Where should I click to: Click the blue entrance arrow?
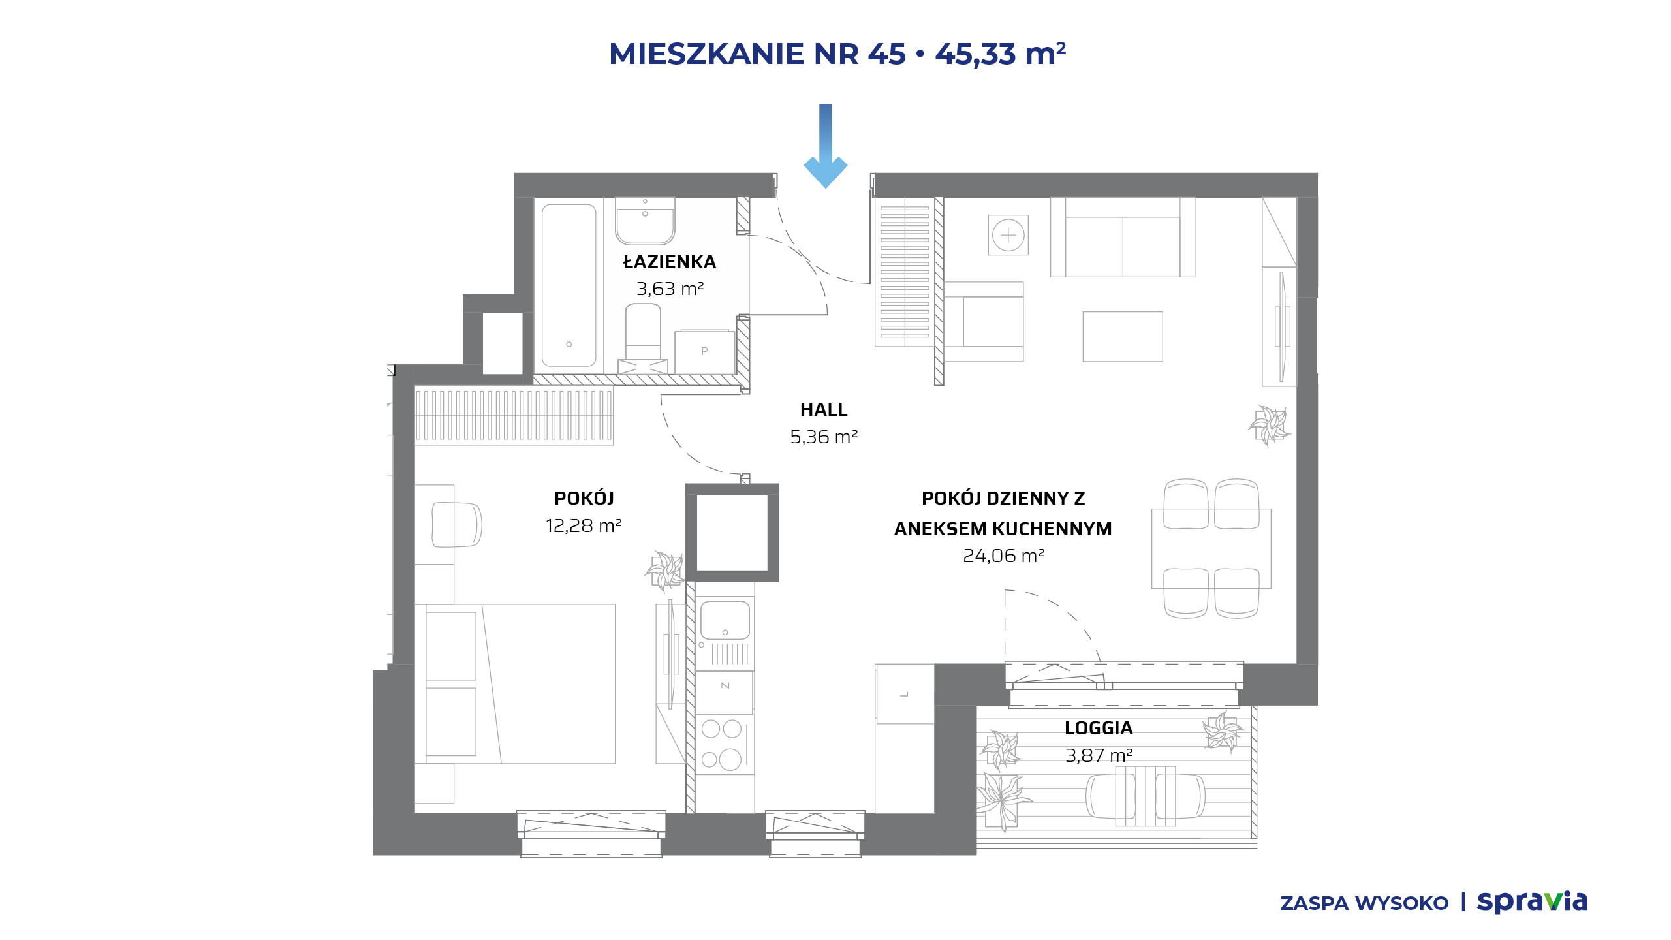(x=826, y=147)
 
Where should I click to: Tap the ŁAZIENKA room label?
(x=670, y=262)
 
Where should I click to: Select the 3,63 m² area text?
(x=670, y=289)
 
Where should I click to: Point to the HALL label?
(x=824, y=409)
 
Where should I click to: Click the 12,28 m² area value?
(x=584, y=525)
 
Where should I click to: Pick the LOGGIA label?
(x=1099, y=728)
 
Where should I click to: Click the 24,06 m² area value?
(x=1004, y=556)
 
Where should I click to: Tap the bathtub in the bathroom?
(x=569, y=285)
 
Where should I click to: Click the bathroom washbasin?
(x=645, y=221)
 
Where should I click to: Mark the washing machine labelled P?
(x=704, y=352)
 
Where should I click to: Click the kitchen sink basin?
(x=725, y=620)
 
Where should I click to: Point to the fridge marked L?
(x=905, y=694)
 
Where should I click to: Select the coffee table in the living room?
(x=1123, y=336)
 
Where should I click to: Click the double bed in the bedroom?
(x=515, y=683)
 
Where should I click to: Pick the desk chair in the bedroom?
(x=456, y=524)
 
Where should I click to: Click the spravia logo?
(x=1532, y=901)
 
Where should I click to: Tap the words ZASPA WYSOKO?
(x=1364, y=903)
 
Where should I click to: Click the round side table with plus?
(x=1008, y=235)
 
